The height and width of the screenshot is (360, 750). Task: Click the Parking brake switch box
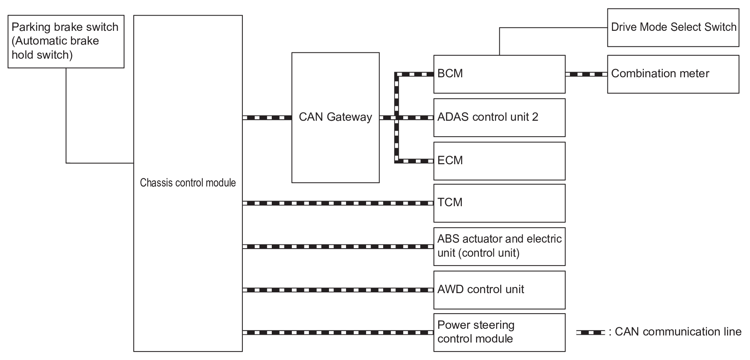[x=66, y=42]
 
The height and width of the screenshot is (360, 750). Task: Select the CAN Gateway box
[x=336, y=118]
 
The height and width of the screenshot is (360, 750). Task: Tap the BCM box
[x=499, y=74]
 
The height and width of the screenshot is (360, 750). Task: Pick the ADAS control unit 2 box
[x=499, y=118]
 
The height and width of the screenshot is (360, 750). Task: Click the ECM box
[x=499, y=161]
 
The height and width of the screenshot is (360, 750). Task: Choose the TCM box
[x=499, y=203]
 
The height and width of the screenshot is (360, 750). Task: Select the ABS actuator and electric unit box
[x=499, y=247]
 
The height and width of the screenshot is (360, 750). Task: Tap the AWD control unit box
[x=499, y=290]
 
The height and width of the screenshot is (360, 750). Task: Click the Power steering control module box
[x=499, y=333]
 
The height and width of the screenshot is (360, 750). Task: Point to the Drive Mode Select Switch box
[x=673, y=28]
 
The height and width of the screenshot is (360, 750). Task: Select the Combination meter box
[x=673, y=74]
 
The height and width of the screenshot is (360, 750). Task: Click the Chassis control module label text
[x=188, y=183]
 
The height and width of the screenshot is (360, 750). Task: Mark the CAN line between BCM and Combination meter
[x=586, y=74]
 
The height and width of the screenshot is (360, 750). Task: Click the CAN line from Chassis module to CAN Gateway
[x=267, y=118]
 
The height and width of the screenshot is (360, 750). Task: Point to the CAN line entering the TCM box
[x=338, y=203]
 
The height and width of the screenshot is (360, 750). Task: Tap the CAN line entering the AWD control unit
[x=338, y=290]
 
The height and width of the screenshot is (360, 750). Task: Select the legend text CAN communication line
[x=678, y=332]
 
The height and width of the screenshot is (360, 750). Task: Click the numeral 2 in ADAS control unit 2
[x=535, y=117]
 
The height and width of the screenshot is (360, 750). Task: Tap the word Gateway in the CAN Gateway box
[x=349, y=117]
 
